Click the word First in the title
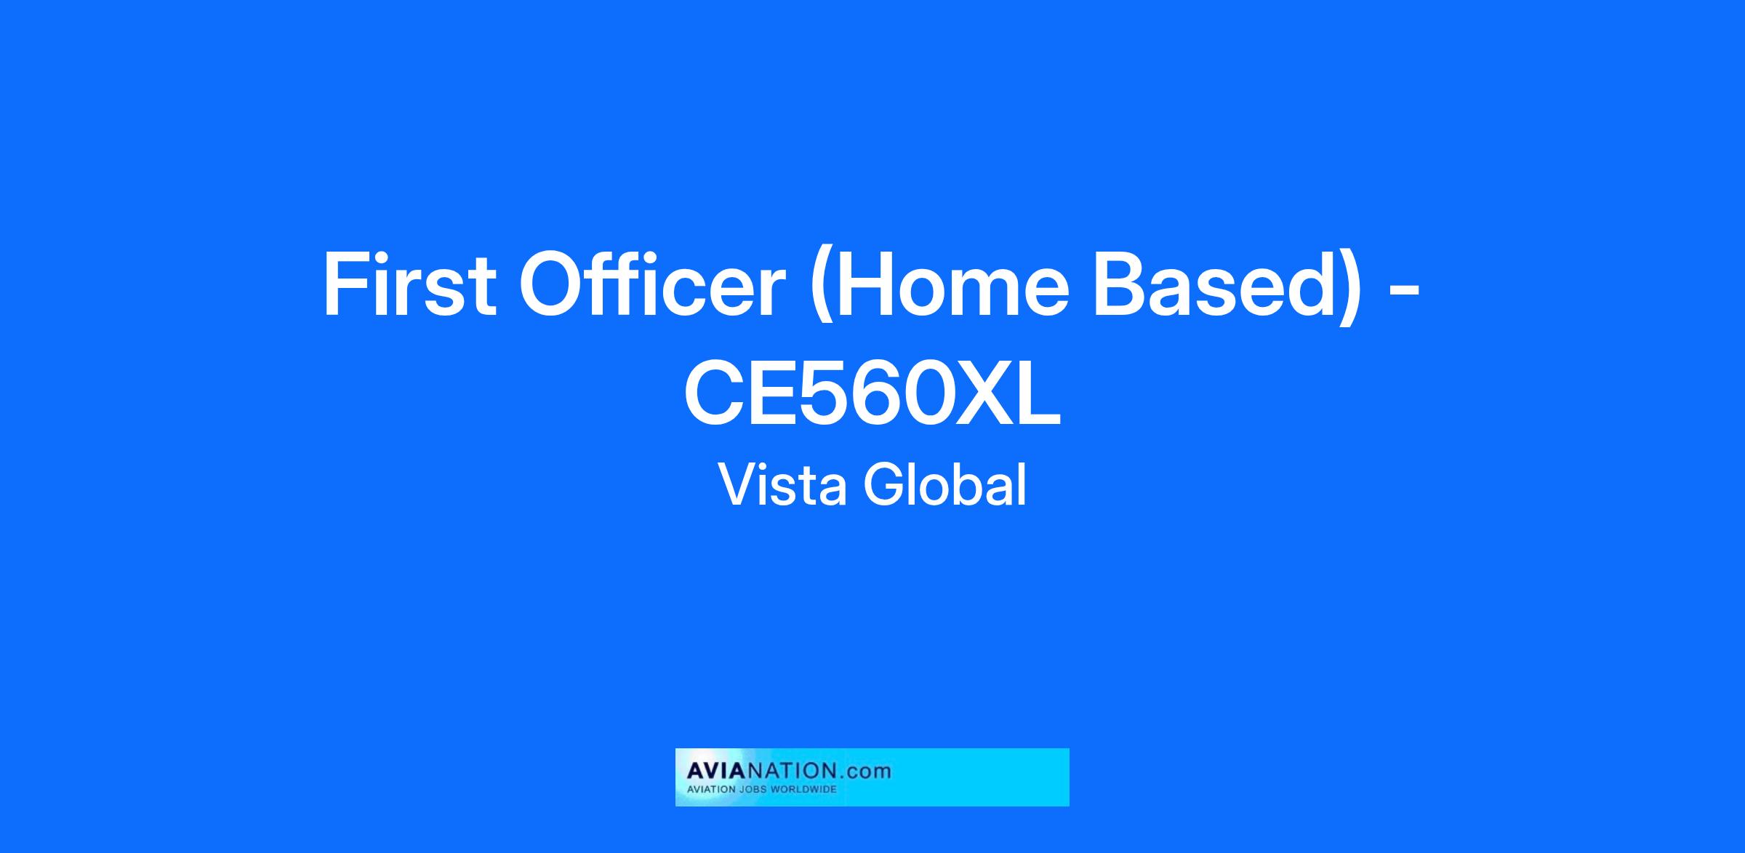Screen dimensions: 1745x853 tap(409, 284)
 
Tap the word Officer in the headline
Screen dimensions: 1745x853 tap(651, 284)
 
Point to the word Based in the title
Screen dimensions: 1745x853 tap(1216, 284)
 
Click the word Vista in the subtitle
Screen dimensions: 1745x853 tap(783, 484)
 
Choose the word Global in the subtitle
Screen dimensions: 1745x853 tap(945, 484)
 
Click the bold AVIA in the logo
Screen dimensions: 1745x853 tap(717, 771)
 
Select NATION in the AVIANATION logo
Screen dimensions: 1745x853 tap(790, 771)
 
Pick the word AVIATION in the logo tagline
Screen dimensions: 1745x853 tap(712, 789)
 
